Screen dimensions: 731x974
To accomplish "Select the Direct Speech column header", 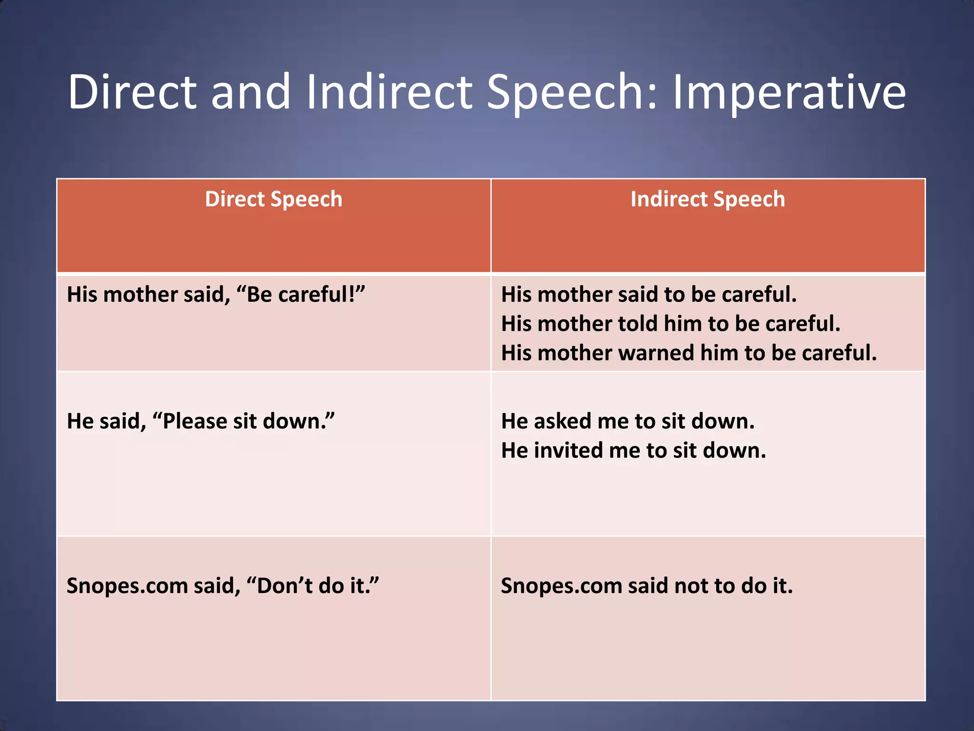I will click(273, 199).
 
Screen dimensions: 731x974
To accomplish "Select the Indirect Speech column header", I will click(707, 199).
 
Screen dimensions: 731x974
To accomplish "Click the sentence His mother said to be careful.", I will click(649, 295).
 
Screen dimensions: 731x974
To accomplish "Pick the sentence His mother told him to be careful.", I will click(671, 324).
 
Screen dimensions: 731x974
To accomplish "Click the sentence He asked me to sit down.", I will click(628, 422).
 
